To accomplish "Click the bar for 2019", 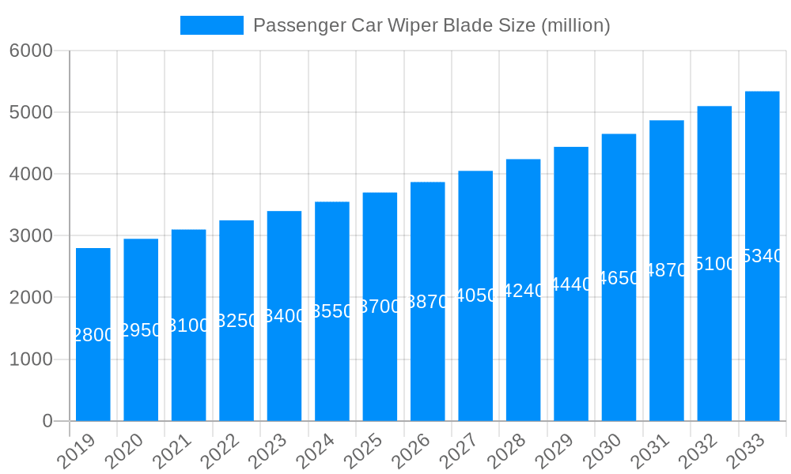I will [93, 334].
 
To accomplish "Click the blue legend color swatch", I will [212, 25].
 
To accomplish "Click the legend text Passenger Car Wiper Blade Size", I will [431, 25].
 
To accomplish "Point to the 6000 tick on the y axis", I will [32, 51].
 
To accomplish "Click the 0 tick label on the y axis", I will [47, 421].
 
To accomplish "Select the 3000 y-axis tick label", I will [32, 235].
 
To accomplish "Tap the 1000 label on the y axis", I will [32, 359].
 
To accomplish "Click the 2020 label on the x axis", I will [124, 451].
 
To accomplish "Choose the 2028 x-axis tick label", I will [507, 451].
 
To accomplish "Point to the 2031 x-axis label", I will [650, 451].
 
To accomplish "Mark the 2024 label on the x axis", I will [316, 451].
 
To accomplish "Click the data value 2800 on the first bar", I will [93, 335].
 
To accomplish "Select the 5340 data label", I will [763, 256].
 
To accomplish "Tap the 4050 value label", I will [476, 295].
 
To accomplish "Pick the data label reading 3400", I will [285, 316].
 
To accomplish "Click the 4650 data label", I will [619, 278].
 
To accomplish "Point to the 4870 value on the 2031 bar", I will [667, 270].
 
